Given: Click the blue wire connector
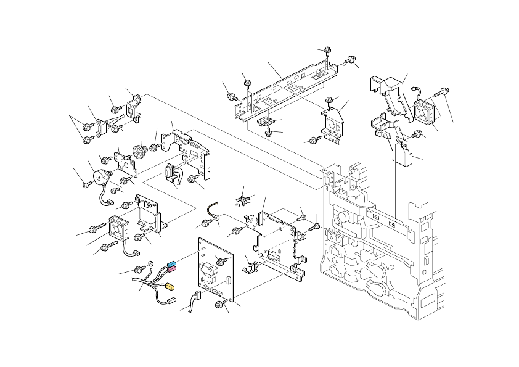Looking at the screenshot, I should click(x=173, y=263).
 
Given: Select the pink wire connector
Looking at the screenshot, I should click(x=171, y=270).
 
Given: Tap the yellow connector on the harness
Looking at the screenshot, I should click(x=171, y=287).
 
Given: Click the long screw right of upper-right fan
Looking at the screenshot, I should click(x=443, y=91).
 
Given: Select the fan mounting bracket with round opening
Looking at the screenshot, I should click(x=148, y=216).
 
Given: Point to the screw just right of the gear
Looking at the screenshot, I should click(x=153, y=147).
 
